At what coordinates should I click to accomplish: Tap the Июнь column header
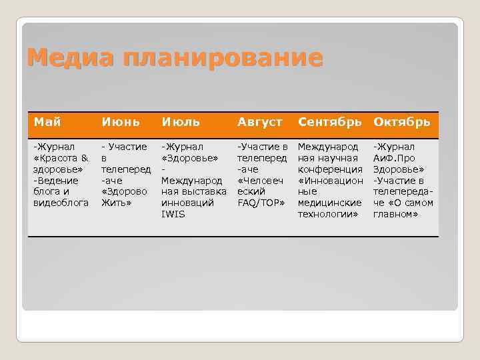tap(120, 122)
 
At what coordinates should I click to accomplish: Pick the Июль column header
tap(182, 122)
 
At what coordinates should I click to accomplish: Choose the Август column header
tap(259, 122)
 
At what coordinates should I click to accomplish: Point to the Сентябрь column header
tap(331, 122)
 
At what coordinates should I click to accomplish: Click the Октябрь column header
tap(402, 122)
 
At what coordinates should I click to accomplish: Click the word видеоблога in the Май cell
tap(61, 203)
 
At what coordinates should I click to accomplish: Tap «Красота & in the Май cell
tap(61, 157)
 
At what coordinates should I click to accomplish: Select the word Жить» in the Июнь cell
tap(115, 203)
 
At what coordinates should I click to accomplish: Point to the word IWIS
tap(173, 214)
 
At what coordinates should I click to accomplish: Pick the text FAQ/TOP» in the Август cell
tap(261, 203)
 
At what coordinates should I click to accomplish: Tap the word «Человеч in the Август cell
tap(260, 180)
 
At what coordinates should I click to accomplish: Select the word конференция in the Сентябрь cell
tap(329, 169)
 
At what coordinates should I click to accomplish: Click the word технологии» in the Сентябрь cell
tap(328, 214)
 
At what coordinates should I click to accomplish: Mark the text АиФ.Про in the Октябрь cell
tap(394, 157)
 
